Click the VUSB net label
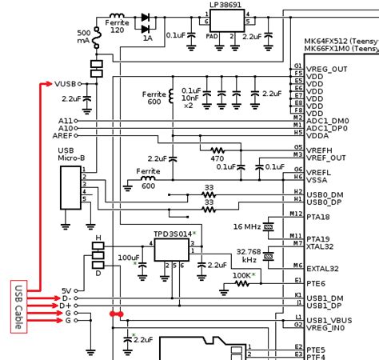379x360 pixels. [x=66, y=83]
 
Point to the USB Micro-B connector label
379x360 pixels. [x=72, y=157]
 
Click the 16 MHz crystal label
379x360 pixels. [x=245, y=226]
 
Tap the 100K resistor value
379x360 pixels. [x=242, y=275]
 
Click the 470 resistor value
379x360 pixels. [x=217, y=158]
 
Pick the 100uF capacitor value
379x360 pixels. [x=128, y=258]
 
